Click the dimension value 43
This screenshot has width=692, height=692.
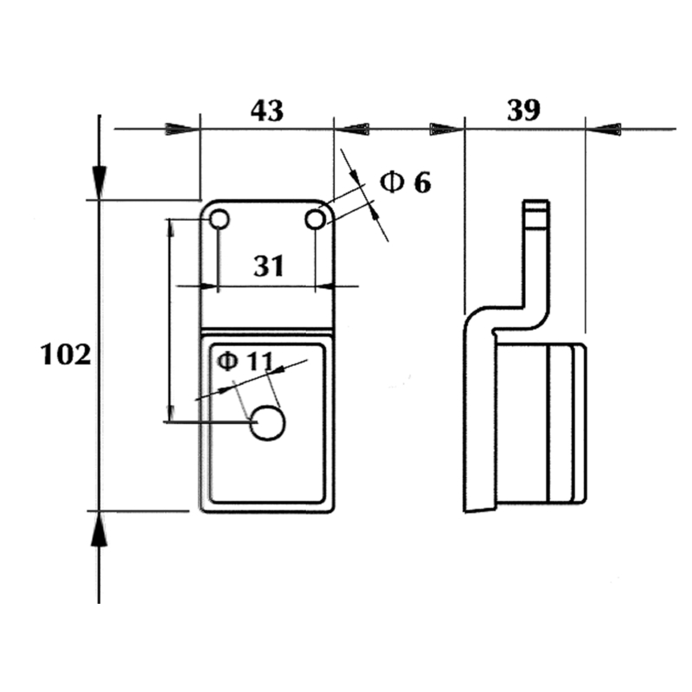coord(267,110)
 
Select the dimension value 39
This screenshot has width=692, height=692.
coord(523,110)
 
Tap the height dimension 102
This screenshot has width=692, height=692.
coord(66,355)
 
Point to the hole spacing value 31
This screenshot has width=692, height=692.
coord(269,266)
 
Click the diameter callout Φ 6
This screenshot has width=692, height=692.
coord(406,182)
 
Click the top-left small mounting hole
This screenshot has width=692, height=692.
coord(219,220)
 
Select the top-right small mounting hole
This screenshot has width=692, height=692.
coord(316,220)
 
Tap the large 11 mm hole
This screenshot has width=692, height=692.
coord(267,424)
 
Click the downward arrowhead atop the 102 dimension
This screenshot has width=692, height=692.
coord(99,182)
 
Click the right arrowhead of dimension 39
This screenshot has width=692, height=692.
coord(605,130)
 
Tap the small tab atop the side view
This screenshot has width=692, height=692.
coord(536,213)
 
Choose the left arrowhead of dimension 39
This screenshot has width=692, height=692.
coord(445,130)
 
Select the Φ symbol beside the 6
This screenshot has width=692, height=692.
coord(392,182)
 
